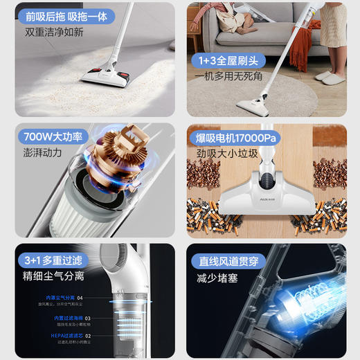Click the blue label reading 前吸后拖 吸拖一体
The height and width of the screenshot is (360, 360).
(x=66, y=15)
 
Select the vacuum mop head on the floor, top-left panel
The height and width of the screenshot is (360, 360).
(x=108, y=73)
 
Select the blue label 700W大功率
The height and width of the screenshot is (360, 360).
(x=53, y=136)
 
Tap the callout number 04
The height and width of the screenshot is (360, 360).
(x=80, y=298)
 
